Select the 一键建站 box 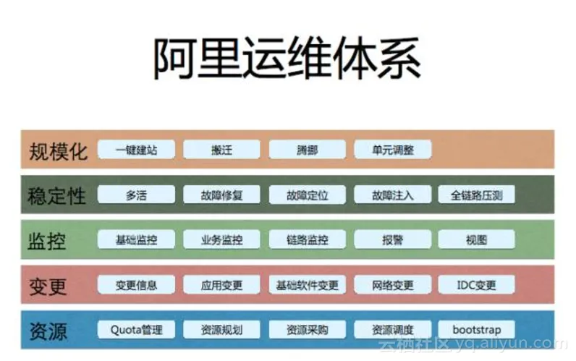(x=136, y=150)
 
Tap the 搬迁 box (x=221, y=150)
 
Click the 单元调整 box (x=393, y=150)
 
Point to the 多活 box (x=136, y=195)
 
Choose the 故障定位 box (x=307, y=195)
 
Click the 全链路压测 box (x=477, y=195)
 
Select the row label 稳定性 (x=58, y=196)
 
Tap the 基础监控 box (x=136, y=239)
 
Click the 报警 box (x=393, y=239)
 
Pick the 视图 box (x=477, y=239)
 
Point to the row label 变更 (x=48, y=286)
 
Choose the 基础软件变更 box (x=307, y=284)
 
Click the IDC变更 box (x=477, y=284)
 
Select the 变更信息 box (x=136, y=284)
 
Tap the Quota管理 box (x=136, y=329)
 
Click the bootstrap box (x=477, y=329)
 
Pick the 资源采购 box (x=307, y=329)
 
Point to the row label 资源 (x=48, y=331)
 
